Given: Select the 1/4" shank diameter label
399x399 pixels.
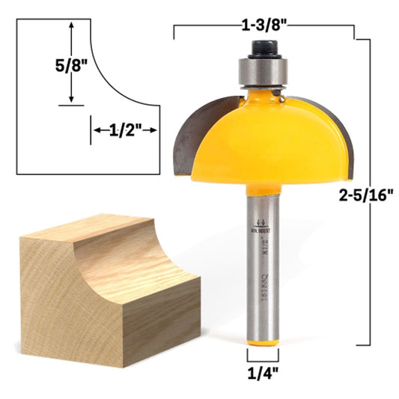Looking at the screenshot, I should tap(263, 369).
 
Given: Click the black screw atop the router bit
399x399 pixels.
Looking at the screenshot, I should tap(263, 49).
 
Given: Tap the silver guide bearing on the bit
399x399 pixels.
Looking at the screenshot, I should tap(263, 71).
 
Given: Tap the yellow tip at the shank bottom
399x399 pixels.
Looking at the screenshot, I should tap(263, 341).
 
